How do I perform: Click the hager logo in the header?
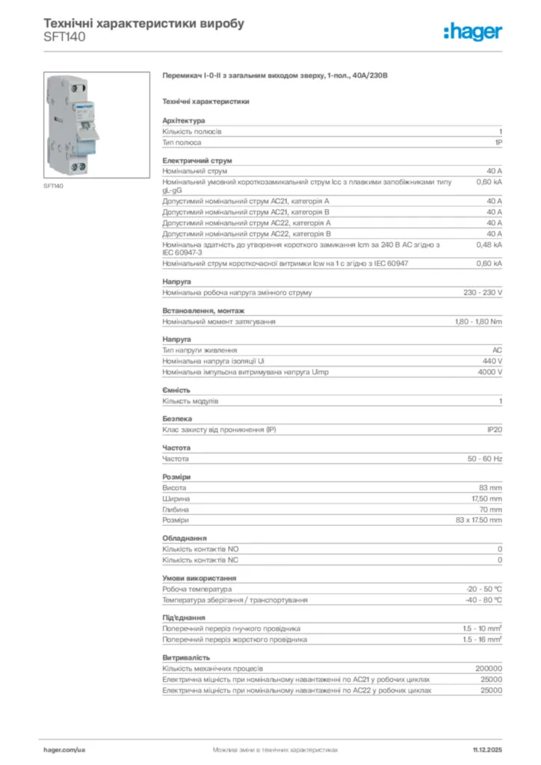[x=472, y=31]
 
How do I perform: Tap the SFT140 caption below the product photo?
[x=53, y=186]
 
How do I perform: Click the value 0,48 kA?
[x=489, y=244]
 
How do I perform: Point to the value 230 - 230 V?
[x=483, y=293]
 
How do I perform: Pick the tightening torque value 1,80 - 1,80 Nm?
[x=478, y=322]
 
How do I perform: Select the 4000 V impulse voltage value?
[x=489, y=372]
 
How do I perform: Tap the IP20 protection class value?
[x=493, y=430]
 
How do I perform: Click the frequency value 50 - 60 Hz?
[x=485, y=459]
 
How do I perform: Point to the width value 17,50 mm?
[x=486, y=498]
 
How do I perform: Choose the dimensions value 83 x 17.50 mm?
[x=478, y=520]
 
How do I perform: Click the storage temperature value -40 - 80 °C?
[x=484, y=600]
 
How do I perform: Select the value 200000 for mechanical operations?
[x=489, y=668]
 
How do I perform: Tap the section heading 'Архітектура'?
[x=184, y=120]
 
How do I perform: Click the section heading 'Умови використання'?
[x=200, y=578]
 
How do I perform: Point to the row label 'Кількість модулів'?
[x=191, y=401]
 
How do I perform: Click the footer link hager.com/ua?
[x=65, y=749]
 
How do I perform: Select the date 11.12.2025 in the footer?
[x=487, y=749]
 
